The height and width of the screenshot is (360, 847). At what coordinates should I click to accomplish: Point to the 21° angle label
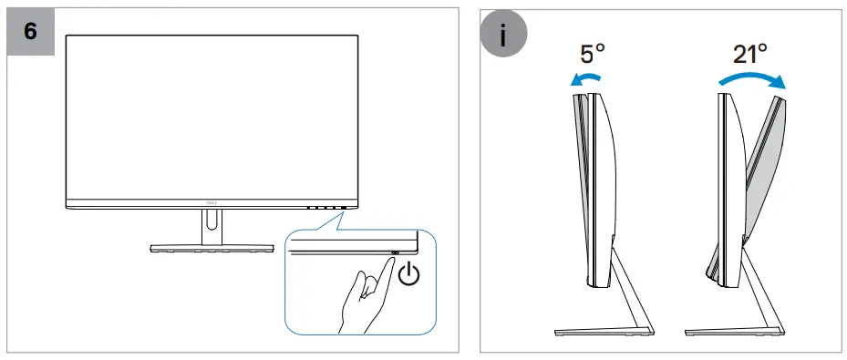750,53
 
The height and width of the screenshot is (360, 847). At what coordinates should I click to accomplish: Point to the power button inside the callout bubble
395,253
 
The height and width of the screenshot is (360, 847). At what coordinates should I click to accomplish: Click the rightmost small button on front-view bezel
344,207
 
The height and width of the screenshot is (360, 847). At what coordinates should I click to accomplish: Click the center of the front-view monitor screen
211,114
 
